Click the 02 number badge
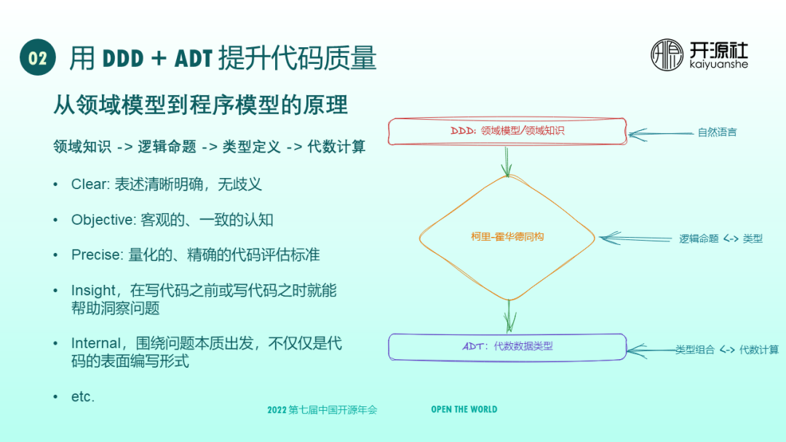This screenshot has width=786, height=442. (38, 57)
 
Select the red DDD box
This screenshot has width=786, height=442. (507, 132)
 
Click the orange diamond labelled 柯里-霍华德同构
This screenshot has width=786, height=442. (507, 237)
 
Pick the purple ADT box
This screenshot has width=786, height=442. (507, 346)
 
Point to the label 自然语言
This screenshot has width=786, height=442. (717, 132)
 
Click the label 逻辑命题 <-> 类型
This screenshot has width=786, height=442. (720, 238)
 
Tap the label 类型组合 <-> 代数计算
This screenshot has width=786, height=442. (726, 350)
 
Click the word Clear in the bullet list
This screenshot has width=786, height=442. (89, 185)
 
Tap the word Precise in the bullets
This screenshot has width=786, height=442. (96, 255)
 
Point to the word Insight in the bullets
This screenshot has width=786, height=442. (93, 291)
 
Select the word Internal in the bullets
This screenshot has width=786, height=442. (95, 343)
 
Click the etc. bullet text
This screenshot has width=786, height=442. (82, 397)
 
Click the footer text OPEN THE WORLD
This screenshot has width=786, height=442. (464, 409)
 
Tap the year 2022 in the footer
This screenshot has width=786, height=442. (277, 410)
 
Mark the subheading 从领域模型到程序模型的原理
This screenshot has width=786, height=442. (200, 105)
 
